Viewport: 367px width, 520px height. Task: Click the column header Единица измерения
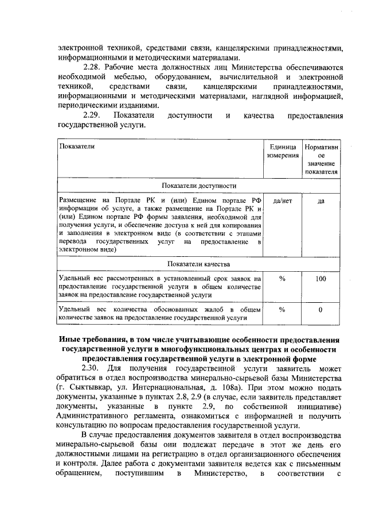282,151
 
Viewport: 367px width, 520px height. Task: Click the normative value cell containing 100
321,279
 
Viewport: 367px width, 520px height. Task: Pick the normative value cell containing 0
321,310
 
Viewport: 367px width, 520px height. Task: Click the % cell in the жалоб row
282,310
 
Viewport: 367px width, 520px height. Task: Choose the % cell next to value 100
282,279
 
